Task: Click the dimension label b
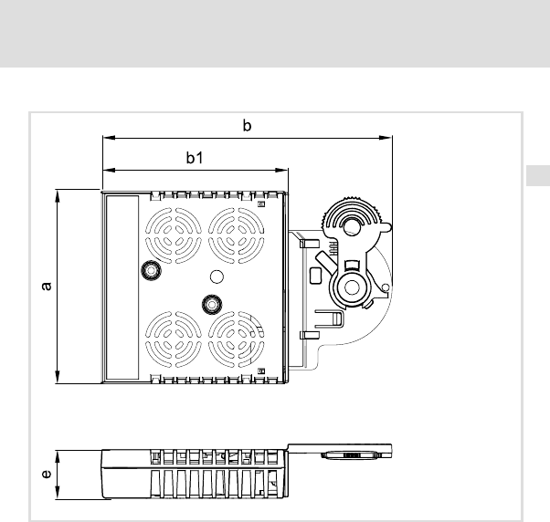[247, 125]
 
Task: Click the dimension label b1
[195, 158]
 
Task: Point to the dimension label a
[47, 286]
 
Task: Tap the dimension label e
[47, 474]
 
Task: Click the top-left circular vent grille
[174, 235]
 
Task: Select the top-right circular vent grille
[236, 235]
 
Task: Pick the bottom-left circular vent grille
[174, 339]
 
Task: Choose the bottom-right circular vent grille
[236, 339]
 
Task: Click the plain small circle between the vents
[217, 277]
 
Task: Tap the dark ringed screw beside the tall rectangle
[151, 270]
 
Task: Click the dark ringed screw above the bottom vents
[212, 305]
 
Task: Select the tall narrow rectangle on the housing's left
[122, 287]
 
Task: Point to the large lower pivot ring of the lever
[352, 287]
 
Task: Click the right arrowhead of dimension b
[386, 138]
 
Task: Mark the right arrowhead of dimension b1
[282, 171]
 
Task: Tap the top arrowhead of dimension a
[58, 196]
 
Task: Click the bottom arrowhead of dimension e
[58, 493]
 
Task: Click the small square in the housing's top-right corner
[261, 204]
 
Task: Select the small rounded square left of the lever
[316, 276]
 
